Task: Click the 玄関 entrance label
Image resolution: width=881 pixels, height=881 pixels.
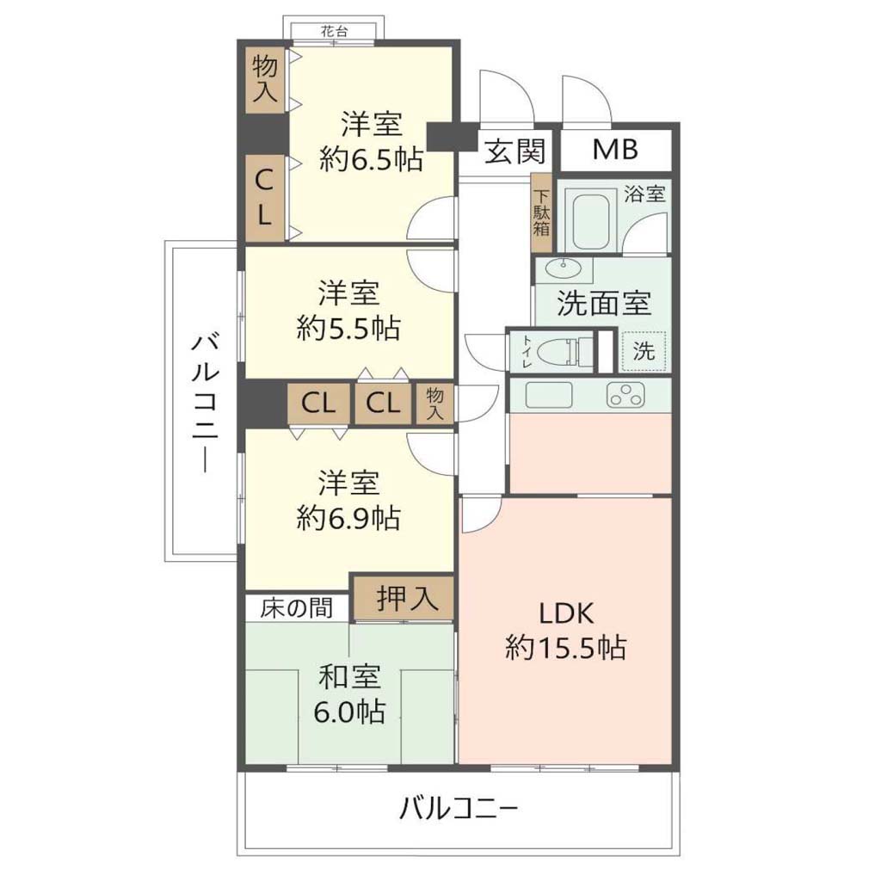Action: [514, 151]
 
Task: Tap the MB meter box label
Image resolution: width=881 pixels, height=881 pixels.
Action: [615, 150]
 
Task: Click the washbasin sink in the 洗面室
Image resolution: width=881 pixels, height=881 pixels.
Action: [564, 269]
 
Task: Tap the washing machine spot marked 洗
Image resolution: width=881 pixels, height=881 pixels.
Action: [644, 351]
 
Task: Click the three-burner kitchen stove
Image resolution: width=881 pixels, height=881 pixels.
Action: [625, 394]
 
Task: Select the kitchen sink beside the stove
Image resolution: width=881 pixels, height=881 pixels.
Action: [548, 394]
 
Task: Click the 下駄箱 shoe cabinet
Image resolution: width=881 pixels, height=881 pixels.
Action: [542, 213]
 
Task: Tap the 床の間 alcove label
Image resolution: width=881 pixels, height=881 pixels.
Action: [296, 608]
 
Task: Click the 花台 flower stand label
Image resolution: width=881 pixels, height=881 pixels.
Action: [335, 31]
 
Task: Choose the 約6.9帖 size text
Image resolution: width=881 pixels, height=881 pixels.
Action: [348, 517]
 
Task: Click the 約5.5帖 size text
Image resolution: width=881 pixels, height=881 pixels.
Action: [348, 327]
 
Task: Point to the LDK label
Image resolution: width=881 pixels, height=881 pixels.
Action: [566, 613]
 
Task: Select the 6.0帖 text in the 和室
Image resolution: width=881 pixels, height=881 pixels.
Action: [349, 712]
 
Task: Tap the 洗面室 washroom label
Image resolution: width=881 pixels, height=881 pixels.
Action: [604, 303]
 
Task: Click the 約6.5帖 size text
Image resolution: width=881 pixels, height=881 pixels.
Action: [372, 159]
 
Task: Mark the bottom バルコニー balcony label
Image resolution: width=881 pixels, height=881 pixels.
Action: [459, 810]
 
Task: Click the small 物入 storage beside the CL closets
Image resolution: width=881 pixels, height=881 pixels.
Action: [434, 403]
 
